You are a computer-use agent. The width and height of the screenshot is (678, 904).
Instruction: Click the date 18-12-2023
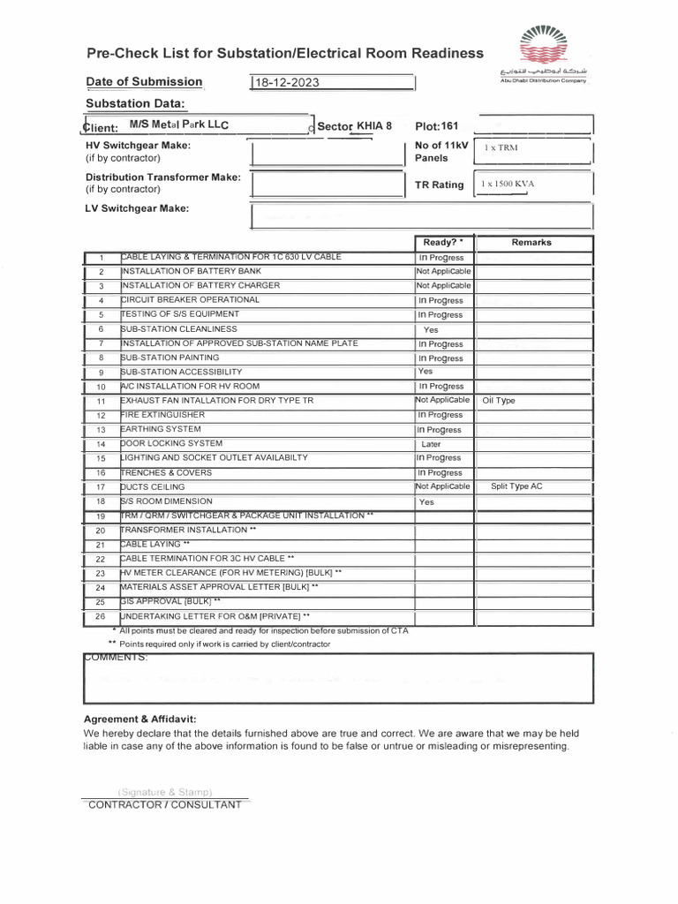(287, 83)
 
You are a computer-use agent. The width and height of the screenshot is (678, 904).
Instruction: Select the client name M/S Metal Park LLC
(179, 126)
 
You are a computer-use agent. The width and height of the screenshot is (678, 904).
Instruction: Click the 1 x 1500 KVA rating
(508, 185)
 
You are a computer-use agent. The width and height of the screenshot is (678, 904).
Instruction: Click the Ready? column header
(443, 242)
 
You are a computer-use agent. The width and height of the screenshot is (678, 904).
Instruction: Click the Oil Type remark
(499, 401)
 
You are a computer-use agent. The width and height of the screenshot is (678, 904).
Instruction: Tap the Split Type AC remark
(516, 486)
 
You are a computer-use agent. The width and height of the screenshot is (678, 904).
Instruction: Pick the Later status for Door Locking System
(431, 444)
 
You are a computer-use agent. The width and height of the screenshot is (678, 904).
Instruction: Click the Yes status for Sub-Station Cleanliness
(431, 329)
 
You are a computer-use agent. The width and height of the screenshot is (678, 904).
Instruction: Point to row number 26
(101, 616)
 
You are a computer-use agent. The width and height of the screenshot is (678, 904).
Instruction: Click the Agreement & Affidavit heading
(139, 719)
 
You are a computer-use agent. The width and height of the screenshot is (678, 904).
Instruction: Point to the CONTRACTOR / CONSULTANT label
(165, 805)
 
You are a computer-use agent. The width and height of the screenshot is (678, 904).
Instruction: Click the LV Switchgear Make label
(137, 208)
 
